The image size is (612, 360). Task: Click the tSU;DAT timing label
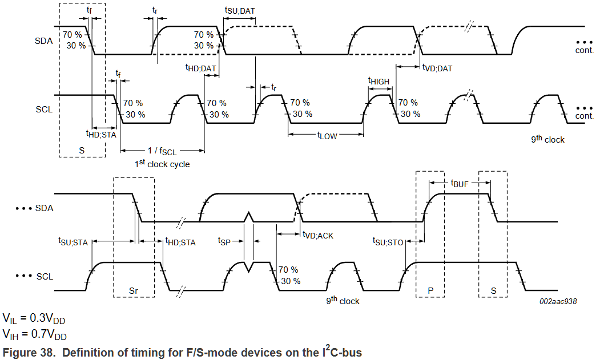coord(240,10)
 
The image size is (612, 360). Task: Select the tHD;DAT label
coord(200,68)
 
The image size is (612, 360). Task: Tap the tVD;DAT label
coord(437,68)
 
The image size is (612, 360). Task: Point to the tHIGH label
coord(379,81)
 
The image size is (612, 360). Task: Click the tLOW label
coord(327,136)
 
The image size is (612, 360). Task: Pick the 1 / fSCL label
coord(162,151)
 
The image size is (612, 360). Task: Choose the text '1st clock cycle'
coord(162,164)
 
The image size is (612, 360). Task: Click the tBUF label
coord(460,183)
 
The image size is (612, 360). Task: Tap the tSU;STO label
coord(388,242)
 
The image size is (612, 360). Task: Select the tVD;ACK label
coord(318,235)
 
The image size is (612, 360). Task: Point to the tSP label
coord(224,241)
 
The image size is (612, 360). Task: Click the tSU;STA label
coord(73,242)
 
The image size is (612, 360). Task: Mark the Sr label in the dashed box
coord(134,290)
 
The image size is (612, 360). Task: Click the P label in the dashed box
coord(430,290)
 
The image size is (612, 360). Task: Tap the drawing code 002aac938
coord(558,301)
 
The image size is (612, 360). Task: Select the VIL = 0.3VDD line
coord(34,319)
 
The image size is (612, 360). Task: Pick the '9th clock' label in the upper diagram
coord(547,139)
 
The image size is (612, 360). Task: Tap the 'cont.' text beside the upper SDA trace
coord(584,50)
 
